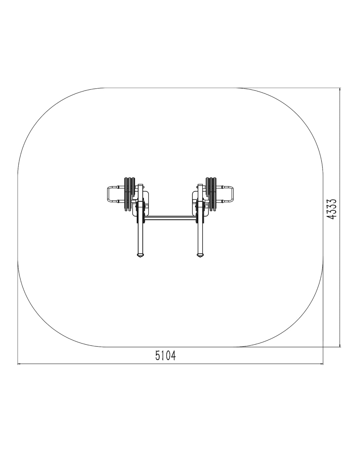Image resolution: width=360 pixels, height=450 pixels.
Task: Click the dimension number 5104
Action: [165, 355]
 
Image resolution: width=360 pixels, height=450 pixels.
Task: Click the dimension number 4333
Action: [332, 209]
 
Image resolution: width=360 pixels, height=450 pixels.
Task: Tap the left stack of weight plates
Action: [129, 194]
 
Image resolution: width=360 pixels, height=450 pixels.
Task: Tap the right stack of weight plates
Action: [211, 194]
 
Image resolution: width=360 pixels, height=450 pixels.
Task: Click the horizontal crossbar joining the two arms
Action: [170, 218]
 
